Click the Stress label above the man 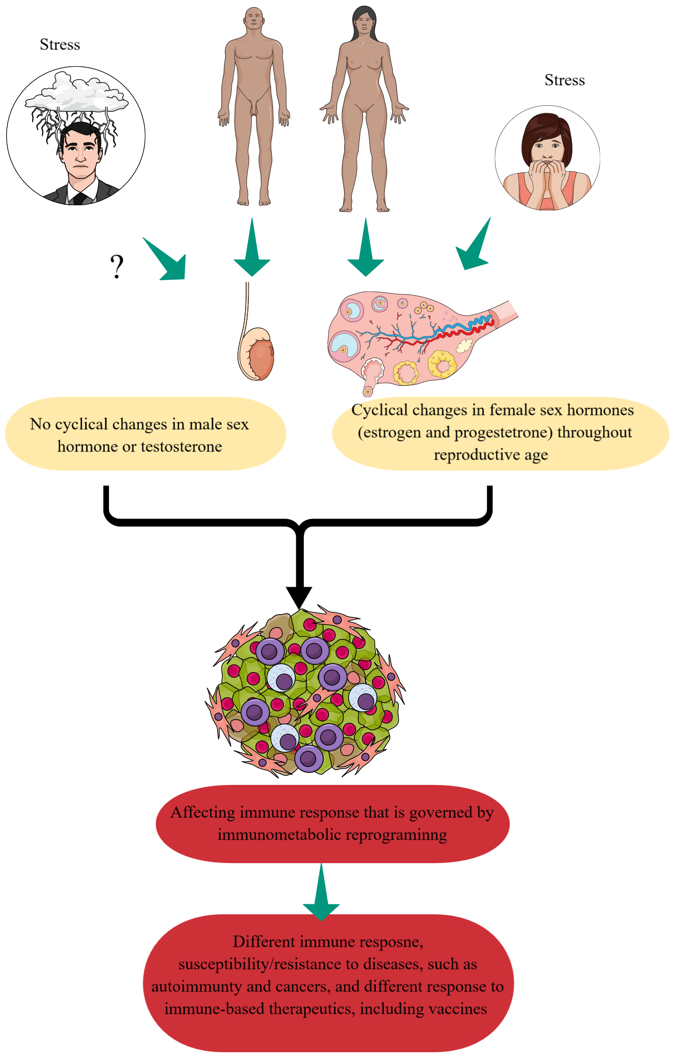pyautogui.click(x=60, y=45)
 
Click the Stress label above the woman pyautogui.click(x=564, y=80)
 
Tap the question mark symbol pyautogui.click(x=117, y=266)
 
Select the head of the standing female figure pyautogui.click(x=364, y=20)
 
